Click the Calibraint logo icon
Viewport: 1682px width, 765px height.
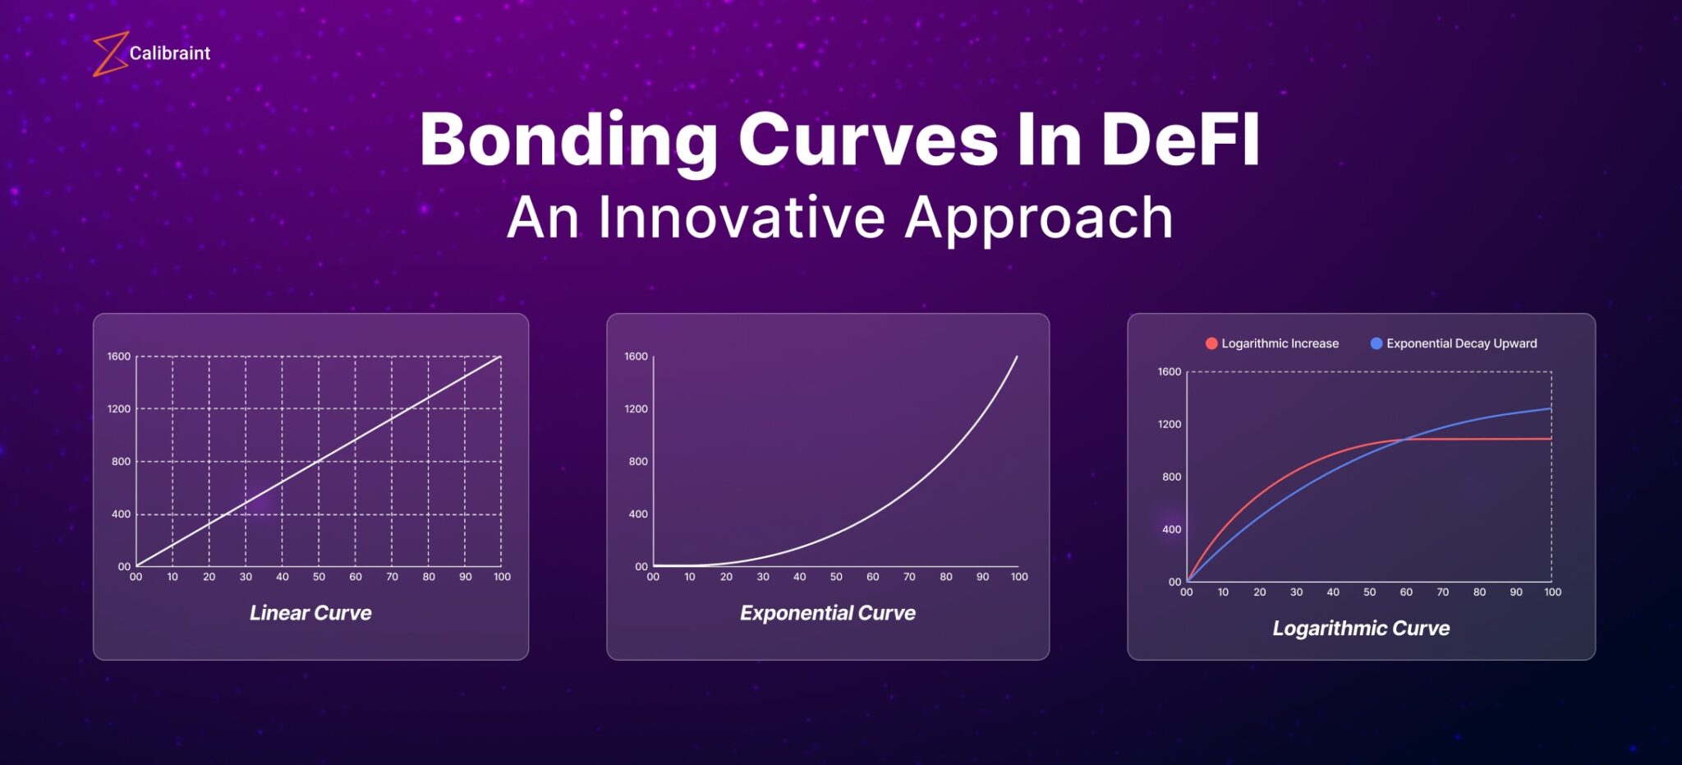[x=110, y=54]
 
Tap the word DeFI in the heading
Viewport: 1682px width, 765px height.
[x=1179, y=140]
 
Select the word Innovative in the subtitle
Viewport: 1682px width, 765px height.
[x=742, y=218]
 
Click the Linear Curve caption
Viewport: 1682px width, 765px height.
[x=310, y=613]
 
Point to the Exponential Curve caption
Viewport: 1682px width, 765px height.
[x=827, y=613]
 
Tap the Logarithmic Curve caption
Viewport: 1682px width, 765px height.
[x=1361, y=629]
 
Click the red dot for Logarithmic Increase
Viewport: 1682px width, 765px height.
[x=1211, y=343]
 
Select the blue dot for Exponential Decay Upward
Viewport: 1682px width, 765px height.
[x=1376, y=343]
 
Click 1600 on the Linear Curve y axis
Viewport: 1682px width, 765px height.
[x=119, y=357]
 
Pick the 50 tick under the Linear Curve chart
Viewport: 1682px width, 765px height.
[x=319, y=577]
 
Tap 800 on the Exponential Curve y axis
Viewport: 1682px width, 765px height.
[x=638, y=462]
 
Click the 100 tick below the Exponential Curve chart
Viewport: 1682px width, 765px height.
[x=1019, y=577]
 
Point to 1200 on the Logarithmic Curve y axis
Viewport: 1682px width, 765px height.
[x=1170, y=425]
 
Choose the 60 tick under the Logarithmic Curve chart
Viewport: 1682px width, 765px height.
[x=1406, y=592]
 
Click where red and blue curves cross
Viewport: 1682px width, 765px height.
[x=1406, y=440]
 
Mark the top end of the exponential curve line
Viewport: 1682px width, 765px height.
[x=1017, y=357]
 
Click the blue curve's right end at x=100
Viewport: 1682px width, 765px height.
[x=1551, y=408]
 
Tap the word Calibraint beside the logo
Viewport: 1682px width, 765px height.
[x=170, y=53]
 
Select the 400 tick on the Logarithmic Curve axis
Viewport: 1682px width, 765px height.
[x=1172, y=530]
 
